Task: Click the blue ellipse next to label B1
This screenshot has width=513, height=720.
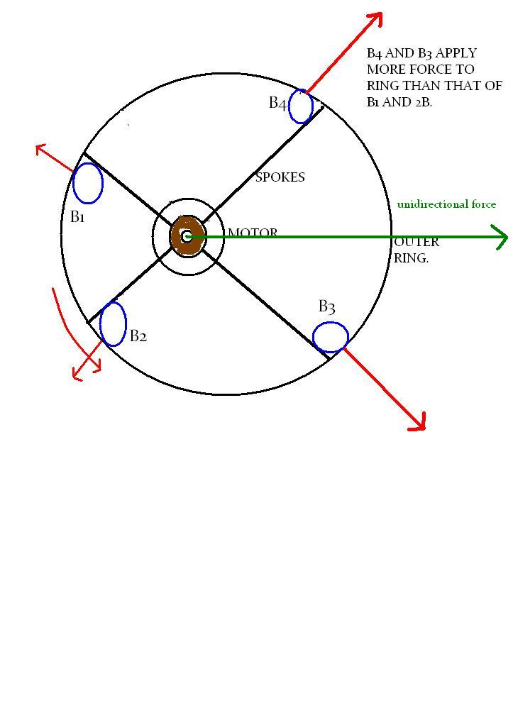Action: pyautogui.click(x=74, y=184)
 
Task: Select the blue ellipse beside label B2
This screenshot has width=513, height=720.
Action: pyautogui.click(x=100, y=323)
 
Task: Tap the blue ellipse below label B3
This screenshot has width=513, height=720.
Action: pyautogui.click(x=330, y=323)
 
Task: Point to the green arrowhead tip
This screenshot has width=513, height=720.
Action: pyautogui.click(x=507, y=238)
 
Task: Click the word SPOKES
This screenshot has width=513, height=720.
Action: pyautogui.click(x=280, y=177)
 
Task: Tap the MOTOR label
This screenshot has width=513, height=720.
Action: pyautogui.click(x=253, y=233)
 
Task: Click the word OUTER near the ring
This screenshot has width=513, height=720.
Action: pyautogui.click(x=417, y=242)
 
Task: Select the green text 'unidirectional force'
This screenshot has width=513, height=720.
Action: pyautogui.click(x=446, y=204)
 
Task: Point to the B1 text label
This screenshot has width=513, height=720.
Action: pyautogui.click(x=77, y=217)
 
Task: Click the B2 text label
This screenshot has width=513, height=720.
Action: pyautogui.click(x=138, y=336)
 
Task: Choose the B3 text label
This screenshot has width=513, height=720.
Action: pyautogui.click(x=327, y=306)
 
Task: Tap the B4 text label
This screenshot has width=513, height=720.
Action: pyautogui.click(x=278, y=103)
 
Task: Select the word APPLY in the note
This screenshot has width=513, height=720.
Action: pyautogui.click(x=456, y=53)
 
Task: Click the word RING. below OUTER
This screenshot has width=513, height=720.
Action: pyautogui.click(x=411, y=258)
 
